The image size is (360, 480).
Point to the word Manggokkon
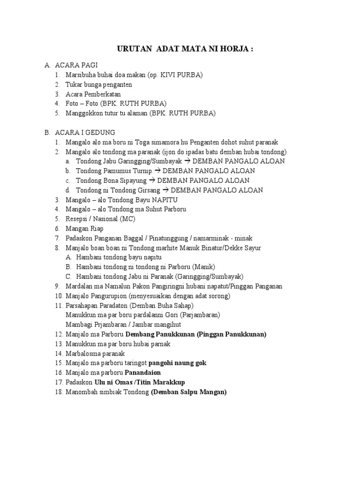coord(83,113)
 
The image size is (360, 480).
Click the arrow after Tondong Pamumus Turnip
coord(157,171)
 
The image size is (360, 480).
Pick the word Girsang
coord(148,190)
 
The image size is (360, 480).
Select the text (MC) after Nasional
coord(127,219)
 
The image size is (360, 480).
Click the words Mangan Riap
coord(84,229)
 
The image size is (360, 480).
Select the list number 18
coord(58,392)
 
